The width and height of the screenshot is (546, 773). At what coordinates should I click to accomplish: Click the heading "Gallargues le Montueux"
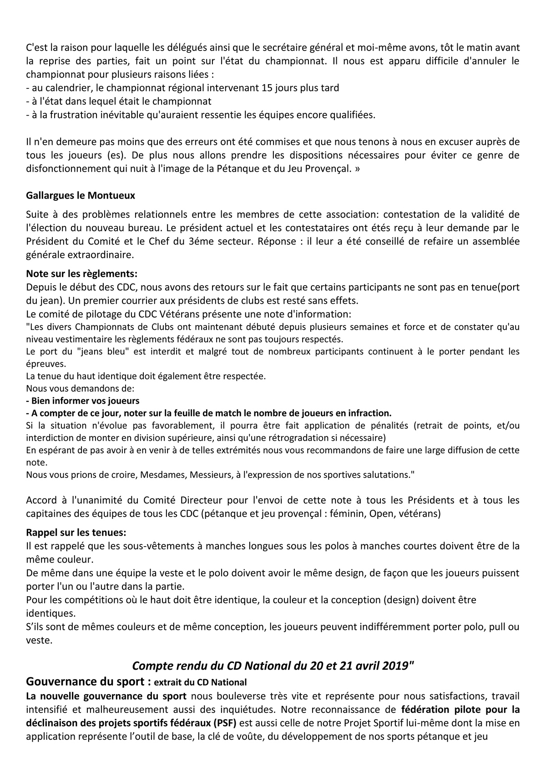pos(81,195)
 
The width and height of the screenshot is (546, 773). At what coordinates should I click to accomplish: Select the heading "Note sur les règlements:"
pos(82,274)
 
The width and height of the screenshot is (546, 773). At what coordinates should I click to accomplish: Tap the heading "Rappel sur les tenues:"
pos(76,532)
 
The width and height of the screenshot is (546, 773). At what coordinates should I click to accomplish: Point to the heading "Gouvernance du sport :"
pos(89,682)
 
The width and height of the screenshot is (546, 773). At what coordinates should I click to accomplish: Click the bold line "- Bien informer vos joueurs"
pos(83,401)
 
